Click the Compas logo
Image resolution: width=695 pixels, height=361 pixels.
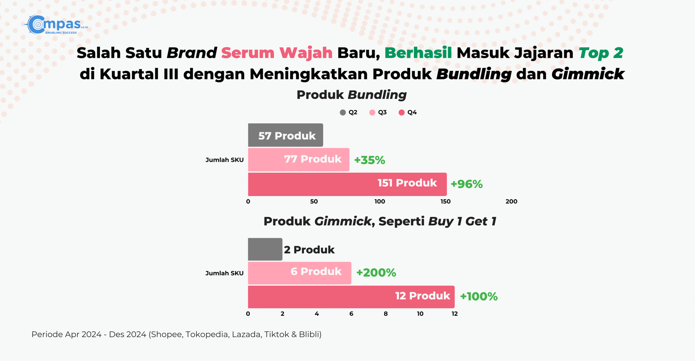(56, 24)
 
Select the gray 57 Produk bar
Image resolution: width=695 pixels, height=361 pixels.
(285, 135)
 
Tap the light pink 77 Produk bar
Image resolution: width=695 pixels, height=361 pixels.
(298, 159)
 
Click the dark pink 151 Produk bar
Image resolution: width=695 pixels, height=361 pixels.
(347, 184)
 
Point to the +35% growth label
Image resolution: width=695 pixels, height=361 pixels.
(370, 160)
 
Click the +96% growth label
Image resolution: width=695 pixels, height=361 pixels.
(467, 184)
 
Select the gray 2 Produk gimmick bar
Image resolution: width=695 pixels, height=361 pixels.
(265, 249)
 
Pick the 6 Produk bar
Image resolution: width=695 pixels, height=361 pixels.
(299, 273)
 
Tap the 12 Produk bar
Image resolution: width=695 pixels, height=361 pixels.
(351, 297)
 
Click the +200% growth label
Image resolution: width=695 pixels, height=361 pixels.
(376, 272)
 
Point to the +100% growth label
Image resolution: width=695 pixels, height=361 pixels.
(479, 296)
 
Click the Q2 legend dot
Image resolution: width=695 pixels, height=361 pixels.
(343, 113)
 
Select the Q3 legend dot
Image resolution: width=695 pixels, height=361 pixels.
(372, 113)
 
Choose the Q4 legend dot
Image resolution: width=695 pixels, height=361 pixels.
(401, 113)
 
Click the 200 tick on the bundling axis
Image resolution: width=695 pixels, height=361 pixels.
(511, 202)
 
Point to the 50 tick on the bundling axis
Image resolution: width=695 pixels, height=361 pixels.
(314, 202)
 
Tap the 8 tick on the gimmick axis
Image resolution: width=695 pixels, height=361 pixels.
(386, 314)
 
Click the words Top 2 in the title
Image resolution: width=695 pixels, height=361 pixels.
(601, 53)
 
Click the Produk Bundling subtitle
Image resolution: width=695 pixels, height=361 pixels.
(351, 95)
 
